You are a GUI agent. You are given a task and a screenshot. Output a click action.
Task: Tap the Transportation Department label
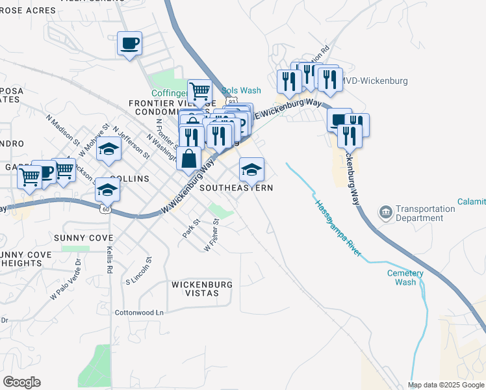point(425,213)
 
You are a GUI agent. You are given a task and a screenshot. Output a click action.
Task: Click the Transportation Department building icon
point(385,213)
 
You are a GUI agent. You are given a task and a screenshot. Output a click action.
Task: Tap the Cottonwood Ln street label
point(139,312)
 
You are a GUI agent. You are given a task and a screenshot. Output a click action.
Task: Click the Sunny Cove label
point(83,238)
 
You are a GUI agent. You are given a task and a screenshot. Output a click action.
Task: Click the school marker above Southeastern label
point(251,170)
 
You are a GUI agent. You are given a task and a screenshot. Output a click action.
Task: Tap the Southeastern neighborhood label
point(236,187)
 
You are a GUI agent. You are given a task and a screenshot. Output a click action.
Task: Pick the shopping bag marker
point(188,158)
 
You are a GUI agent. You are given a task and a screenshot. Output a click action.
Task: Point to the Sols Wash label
point(240,91)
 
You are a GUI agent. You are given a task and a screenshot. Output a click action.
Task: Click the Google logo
point(21,382)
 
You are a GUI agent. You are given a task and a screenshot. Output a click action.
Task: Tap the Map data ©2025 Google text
point(445,385)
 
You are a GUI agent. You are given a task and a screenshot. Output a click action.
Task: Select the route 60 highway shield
point(105,209)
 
